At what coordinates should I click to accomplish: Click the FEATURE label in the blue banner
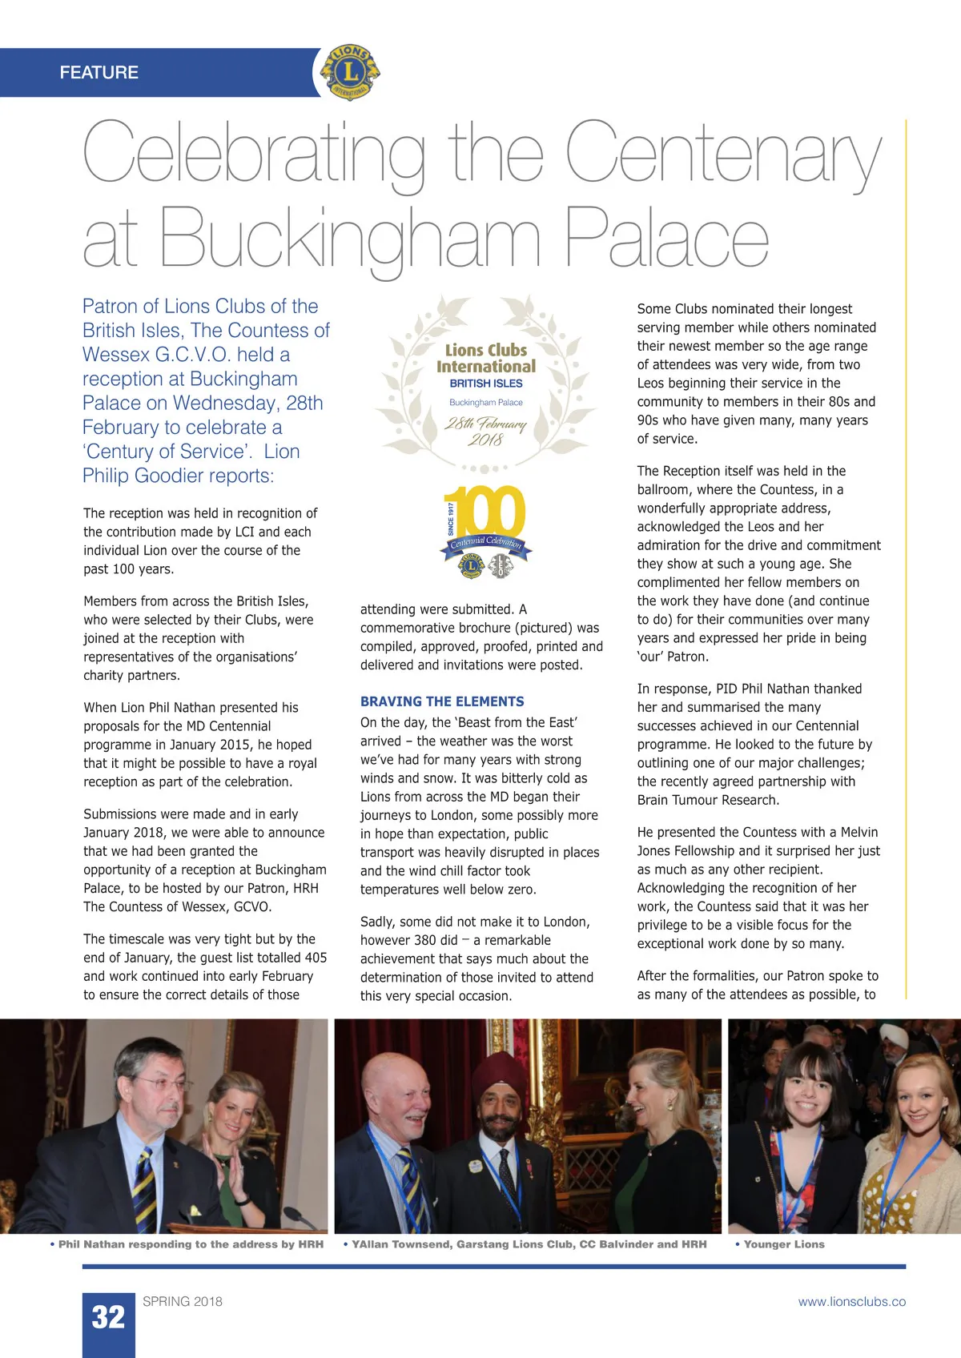(x=99, y=72)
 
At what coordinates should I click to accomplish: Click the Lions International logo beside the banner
(x=350, y=73)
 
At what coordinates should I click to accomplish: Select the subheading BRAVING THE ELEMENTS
(x=442, y=701)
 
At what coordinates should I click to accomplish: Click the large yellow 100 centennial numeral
(x=485, y=512)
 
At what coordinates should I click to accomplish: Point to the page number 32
(x=109, y=1317)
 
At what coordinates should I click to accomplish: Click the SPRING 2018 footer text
(x=183, y=1301)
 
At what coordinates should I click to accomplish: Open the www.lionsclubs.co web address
(x=851, y=1302)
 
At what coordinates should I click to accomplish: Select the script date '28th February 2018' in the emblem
(x=485, y=431)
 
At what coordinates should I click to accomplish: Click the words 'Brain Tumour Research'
(x=708, y=800)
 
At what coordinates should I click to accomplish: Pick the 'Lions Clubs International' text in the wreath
(x=486, y=359)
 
